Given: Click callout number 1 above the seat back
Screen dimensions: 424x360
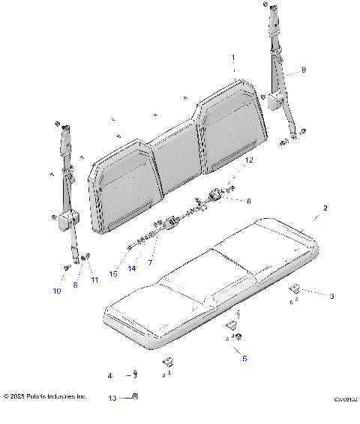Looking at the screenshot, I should click(x=233, y=58).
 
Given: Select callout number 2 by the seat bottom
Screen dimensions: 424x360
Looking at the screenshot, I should click(x=325, y=207).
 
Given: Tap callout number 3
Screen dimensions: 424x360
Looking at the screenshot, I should click(x=331, y=296).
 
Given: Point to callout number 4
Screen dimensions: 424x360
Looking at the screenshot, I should click(x=109, y=375).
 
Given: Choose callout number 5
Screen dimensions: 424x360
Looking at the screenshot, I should click(x=244, y=359).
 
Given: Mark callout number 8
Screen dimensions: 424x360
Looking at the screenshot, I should click(x=75, y=285).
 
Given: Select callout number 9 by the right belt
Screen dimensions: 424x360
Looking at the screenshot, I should click(x=304, y=70).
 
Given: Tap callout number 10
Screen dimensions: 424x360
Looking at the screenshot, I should click(x=57, y=291).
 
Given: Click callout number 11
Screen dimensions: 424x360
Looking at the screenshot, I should click(x=94, y=280).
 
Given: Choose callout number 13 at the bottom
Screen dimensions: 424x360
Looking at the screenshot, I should click(x=112, y=398).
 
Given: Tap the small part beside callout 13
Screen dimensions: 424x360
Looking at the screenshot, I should click(x=135, y=397).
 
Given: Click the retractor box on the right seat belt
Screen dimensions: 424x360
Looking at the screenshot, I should click(x=275, y=97).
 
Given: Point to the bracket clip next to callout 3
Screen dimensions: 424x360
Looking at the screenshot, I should click(x=295, y=289).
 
